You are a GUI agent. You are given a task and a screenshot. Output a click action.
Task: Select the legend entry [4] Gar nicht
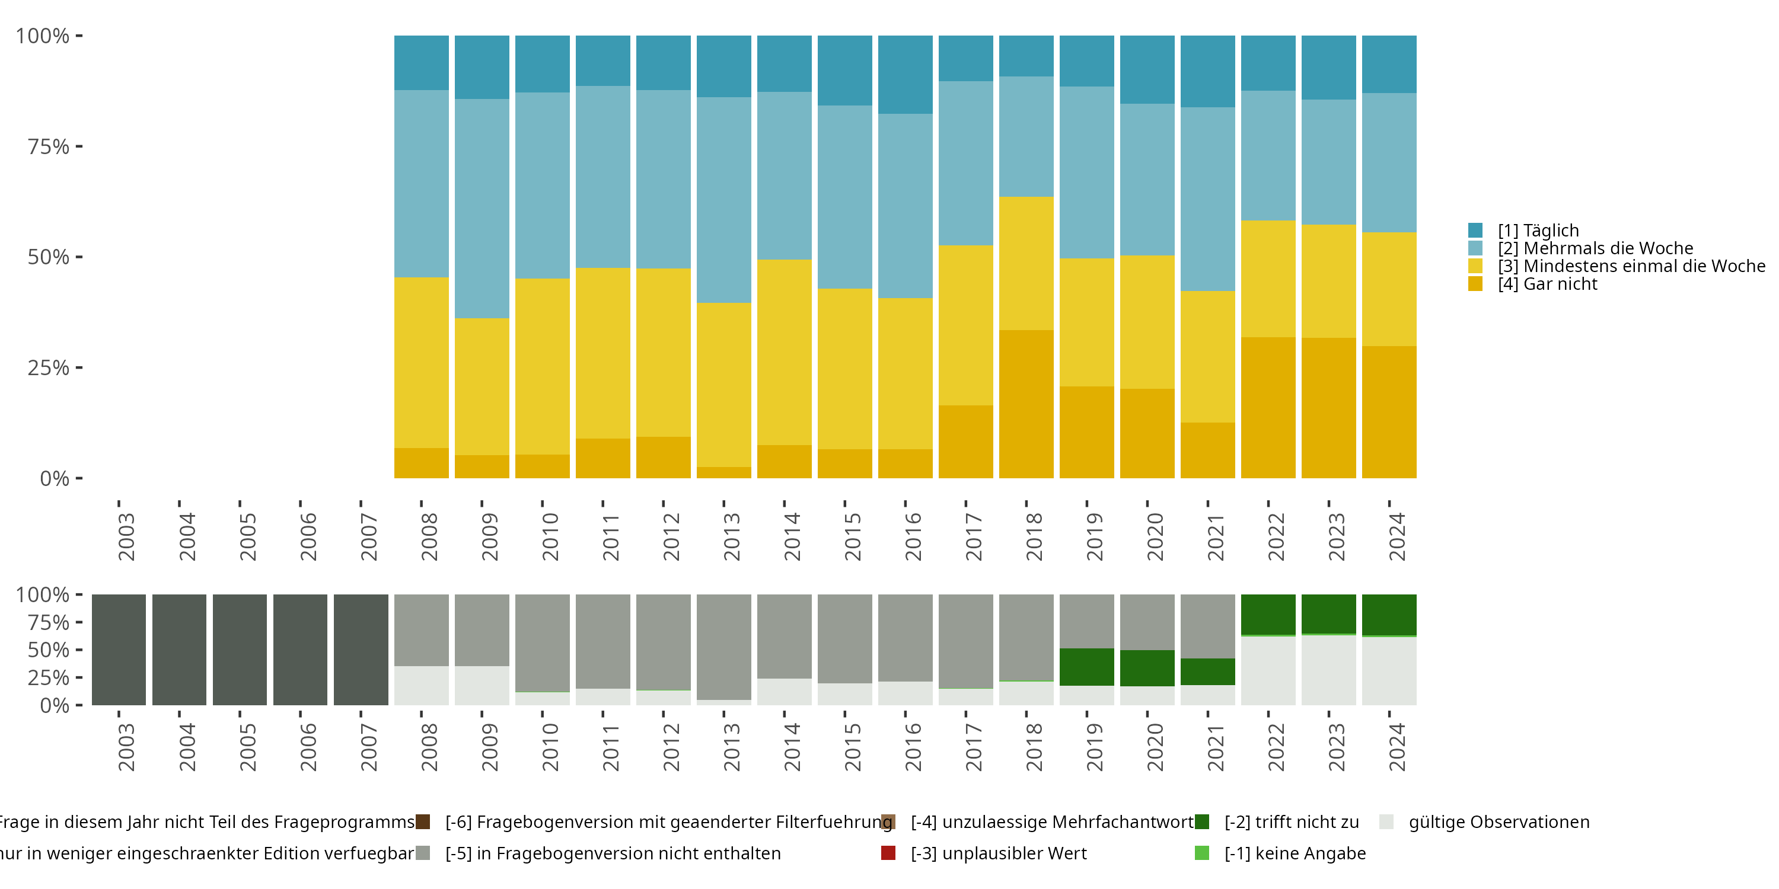point(1547,284)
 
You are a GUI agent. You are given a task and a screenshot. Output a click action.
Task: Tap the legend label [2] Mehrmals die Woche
point(1595,248)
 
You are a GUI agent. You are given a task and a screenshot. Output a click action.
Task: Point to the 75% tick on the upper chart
point(49,147)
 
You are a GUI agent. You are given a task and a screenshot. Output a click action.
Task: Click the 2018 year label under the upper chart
point(1034,537)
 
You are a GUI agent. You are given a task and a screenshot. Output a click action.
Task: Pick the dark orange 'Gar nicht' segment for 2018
point(1026,404)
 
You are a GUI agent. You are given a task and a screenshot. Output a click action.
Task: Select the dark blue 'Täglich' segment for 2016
point(906,75)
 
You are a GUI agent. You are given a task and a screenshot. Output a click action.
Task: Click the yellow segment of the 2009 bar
point(482,386)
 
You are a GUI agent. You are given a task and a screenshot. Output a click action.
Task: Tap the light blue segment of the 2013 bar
point(723,200)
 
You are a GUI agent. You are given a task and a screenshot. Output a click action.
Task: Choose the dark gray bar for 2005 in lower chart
point(240,650)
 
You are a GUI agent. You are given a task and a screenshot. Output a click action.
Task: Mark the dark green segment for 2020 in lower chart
point(1147,667)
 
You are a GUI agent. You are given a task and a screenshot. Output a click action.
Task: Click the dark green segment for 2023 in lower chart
point(1329,613)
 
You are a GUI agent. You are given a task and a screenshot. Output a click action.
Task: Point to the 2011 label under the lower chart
point(611,748)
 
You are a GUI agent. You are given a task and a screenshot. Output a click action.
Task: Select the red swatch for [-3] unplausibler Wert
point(889,853)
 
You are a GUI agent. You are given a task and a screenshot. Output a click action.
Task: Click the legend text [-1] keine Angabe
point(1295,853)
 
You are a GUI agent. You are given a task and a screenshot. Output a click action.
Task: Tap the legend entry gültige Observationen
point(1499,822)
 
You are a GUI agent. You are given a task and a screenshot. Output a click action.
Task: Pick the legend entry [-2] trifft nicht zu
point(1292,822)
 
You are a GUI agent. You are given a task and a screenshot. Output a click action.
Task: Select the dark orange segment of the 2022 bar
point(1268,407)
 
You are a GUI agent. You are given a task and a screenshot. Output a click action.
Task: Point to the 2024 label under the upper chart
point(1397,537)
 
